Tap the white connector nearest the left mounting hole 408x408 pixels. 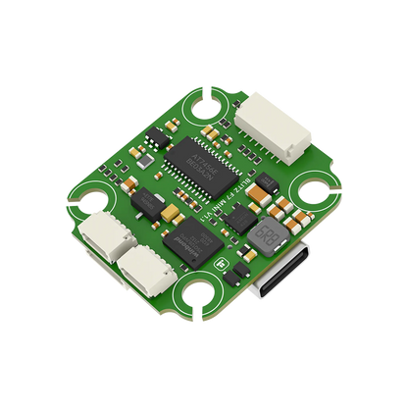coord(103,236)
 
